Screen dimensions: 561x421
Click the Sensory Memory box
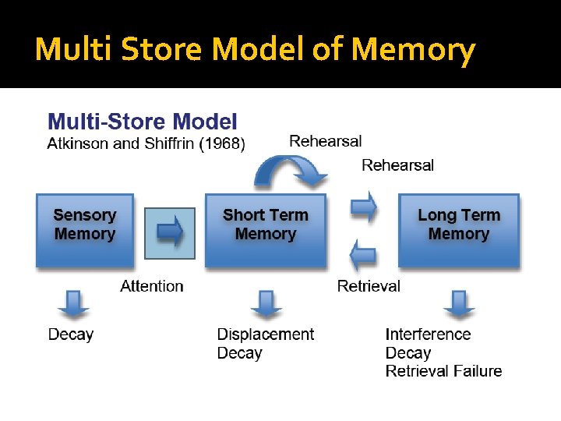coord(84,230)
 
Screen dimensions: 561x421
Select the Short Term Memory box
coord(265,230)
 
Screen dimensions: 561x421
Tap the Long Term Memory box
coord(458,230)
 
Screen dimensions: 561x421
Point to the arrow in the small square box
coord(170,232)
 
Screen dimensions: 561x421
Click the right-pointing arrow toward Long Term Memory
coord(363,207)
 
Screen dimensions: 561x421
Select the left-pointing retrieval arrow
coord(363,254)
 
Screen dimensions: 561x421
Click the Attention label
coord(152,286)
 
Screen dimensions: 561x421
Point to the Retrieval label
coord(369,286)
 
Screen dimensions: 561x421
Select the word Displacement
coord(266,334)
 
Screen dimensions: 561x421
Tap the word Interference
coord(428,334)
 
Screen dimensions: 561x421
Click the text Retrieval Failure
coord(443,371)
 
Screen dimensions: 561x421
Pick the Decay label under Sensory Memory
coord(71,334)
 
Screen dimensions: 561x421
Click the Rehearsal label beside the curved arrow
coord(326,141)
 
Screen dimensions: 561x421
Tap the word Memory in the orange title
coord(413,50)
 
